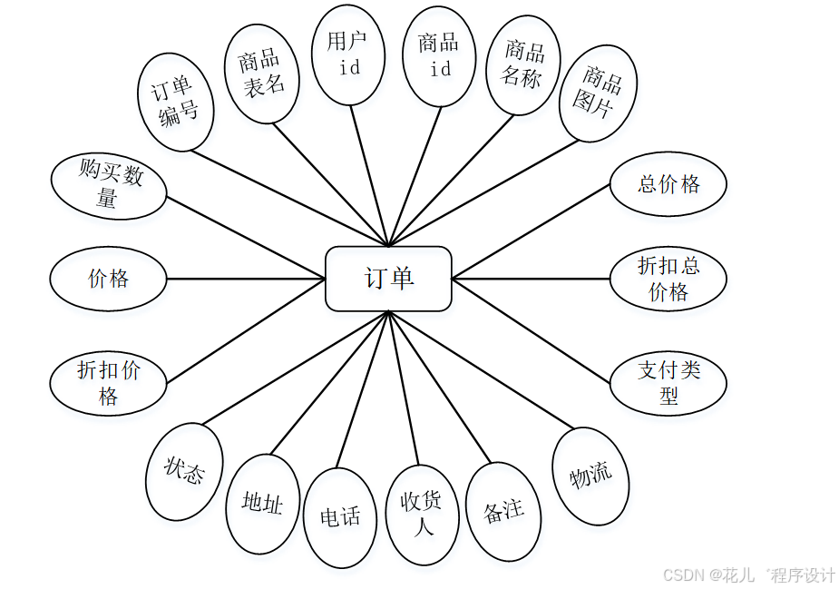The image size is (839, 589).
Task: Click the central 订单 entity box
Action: tap(388, 279)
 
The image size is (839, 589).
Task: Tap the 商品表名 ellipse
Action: tap(262, 73)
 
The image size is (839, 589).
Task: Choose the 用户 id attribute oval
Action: tap(347, 54)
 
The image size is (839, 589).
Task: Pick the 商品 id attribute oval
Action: tap(439, 56)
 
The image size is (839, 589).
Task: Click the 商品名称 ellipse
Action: tap(523, 64)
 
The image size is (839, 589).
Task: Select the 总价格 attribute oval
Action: tap(668, 184)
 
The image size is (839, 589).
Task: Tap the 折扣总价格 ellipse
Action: tap(668, 279)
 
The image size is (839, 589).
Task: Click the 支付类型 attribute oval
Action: tap(668, 383)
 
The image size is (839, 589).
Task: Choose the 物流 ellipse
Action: tap(591, 476)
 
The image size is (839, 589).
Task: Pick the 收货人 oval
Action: tap(422, 515)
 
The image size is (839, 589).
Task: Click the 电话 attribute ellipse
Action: tap(340, 518)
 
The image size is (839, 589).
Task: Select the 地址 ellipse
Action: tap(262, 504)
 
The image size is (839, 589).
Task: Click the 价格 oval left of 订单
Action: tap(108, 279)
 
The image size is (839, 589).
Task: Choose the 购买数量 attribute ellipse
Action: tap(109, 186)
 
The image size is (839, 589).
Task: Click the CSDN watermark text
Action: tap(749, 575)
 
